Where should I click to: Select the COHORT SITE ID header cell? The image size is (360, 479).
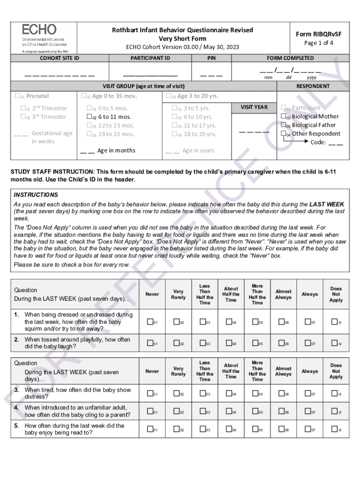click(x=59, y=58)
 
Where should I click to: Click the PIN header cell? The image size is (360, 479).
click(x=211, y=58)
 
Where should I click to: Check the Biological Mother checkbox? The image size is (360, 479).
click(x=283, y=116)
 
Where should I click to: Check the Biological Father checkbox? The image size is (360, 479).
click(x=283, y=125)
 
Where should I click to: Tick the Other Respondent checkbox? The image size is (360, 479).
click(x=283, y=134)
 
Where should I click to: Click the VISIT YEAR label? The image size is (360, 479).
click(x=254, y=107)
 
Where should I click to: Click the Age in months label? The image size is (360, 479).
click(x=116, y=151)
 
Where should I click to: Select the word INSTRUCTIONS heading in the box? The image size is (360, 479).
click(x=36, y=195)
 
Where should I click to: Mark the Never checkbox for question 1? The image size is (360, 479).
click(x=150, y=322)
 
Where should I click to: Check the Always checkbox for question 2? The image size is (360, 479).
click(x=307, y=343)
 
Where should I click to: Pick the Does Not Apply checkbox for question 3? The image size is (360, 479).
click(x=333, y=394)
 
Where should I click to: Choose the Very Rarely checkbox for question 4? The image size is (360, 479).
click(x=176, y=412)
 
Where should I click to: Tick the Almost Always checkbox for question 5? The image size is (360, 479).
click(x=281, y=429)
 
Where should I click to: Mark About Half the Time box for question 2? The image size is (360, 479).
click(x=229, y=343)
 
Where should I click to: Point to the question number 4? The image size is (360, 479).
click(x=16, y=407)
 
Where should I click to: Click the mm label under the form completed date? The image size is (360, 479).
click(x=268, y=78)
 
